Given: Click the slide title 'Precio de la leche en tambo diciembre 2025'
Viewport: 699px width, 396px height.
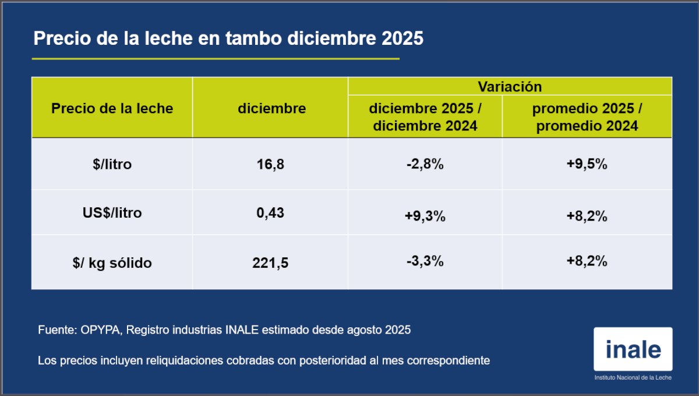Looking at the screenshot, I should click(228, 38).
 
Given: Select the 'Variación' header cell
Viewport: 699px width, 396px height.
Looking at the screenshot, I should click(510, 87).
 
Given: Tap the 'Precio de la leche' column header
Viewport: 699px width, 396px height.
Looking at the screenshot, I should click(112, 108).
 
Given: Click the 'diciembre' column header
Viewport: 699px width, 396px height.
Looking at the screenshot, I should click(271, 108).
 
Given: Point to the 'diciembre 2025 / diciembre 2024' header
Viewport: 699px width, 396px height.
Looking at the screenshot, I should click(425, 117).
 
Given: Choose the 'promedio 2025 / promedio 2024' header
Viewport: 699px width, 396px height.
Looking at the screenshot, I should click(587, 117).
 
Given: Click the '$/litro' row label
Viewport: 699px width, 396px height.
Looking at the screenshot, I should click(112, 164).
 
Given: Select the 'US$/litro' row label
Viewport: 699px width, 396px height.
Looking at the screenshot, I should click(112, 213).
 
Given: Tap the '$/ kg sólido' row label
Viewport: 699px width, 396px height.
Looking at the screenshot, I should click(112, 263).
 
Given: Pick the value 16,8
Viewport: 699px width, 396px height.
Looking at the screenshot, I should click(271, 165).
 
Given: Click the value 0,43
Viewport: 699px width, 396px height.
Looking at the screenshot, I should click(271, 213).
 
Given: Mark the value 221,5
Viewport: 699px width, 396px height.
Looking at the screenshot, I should click(271, 263).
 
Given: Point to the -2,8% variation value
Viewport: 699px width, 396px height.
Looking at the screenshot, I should click(425, 165).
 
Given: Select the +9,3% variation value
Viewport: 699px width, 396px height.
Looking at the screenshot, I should click(425, 217).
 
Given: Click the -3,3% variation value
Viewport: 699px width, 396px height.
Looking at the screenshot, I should click(425, 261).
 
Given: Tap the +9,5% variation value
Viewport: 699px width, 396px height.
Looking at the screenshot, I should click(587, 165).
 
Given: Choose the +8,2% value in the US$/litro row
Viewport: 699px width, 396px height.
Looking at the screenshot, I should click(587, 217).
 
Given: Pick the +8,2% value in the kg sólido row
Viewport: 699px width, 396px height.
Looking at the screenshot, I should click(587, 261).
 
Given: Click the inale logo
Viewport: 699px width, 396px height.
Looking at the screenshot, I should click(633, 351).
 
